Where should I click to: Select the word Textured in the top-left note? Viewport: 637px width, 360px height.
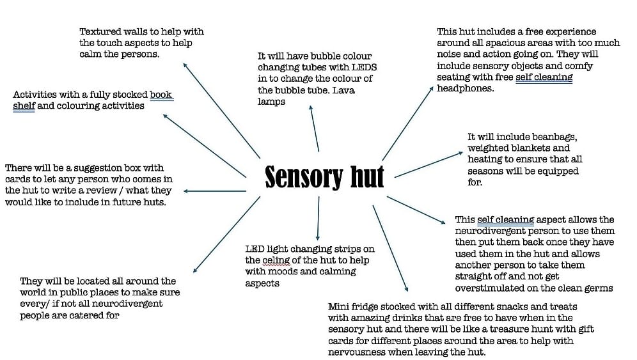tap(99, 31)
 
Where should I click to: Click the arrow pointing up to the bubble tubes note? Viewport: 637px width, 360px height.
tap(314, 129)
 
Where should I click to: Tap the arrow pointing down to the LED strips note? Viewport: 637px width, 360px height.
tap(317, 218)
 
